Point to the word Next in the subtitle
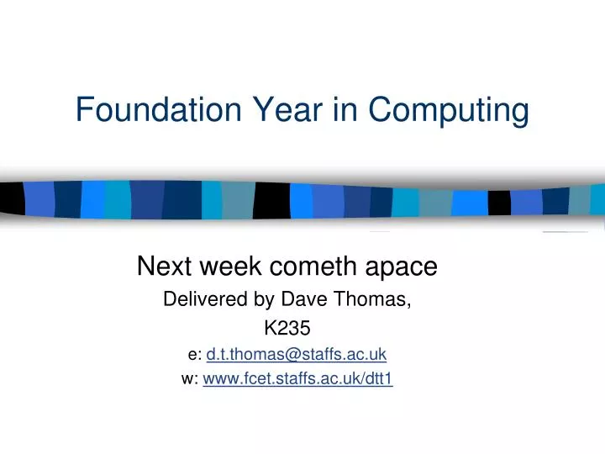tap(165, 267)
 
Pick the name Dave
tap(300, 298)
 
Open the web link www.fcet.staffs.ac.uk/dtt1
tap(297, 379)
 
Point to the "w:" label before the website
tap(190, 379)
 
